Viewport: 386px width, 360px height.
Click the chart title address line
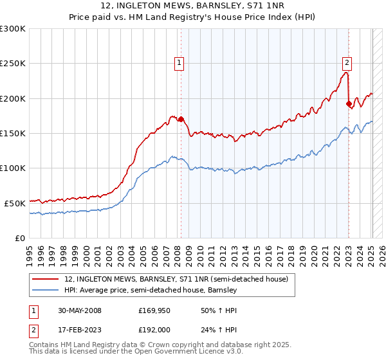point(193,6)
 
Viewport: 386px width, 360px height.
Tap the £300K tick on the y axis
point(13,29)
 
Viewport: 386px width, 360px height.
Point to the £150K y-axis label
point(13,133)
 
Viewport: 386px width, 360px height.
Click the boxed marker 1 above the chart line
point(178,63)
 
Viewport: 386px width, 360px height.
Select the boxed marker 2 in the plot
point(347,63)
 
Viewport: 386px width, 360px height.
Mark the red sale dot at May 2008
point(181,119)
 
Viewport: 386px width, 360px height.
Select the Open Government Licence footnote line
point(128,353)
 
